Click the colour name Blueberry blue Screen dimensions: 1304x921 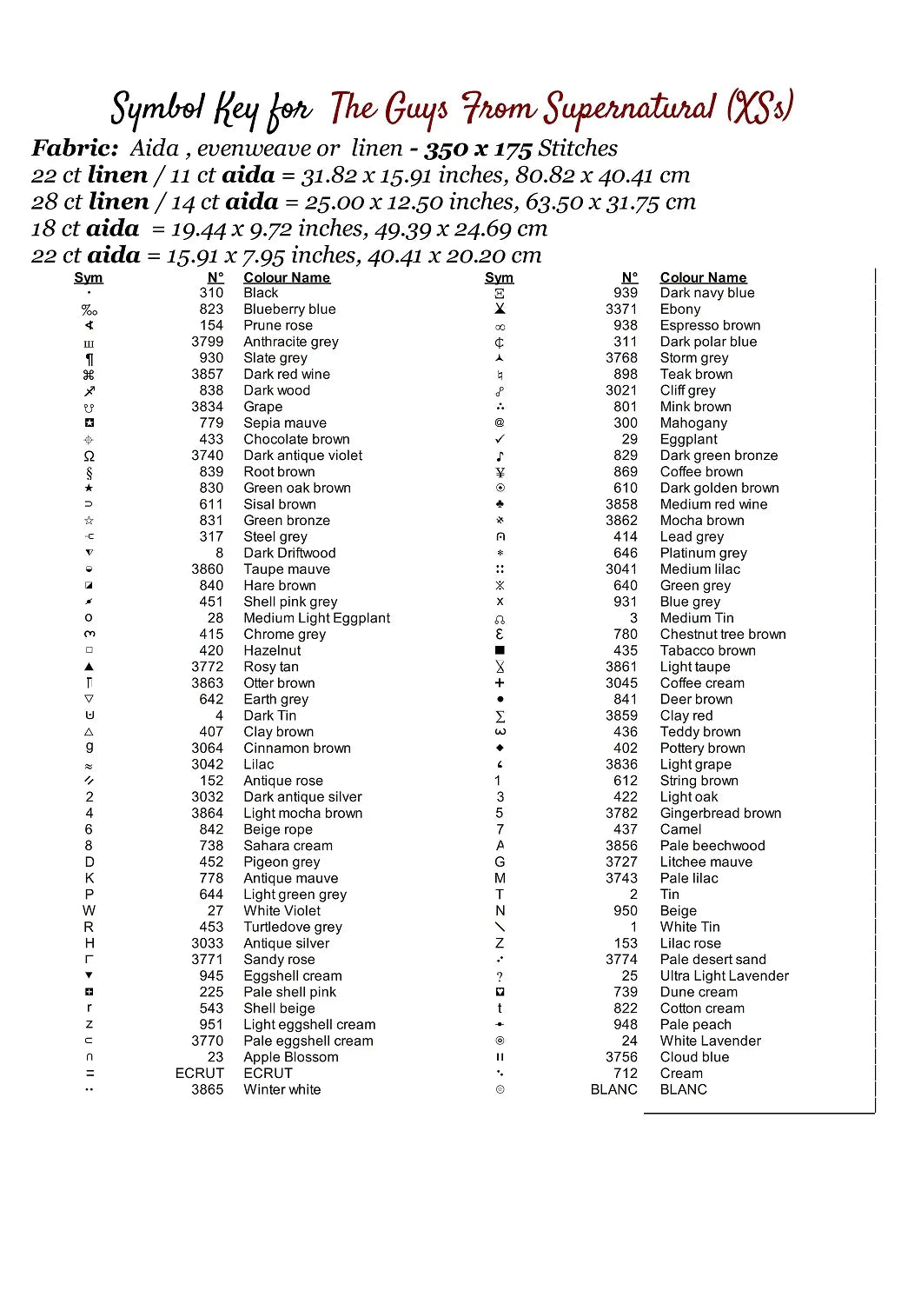pyautogui.click(x=289, y=309)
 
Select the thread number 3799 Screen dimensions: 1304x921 pyautogui.click(x=207, y=342)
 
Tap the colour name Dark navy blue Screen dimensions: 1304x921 pyautogui.click(x=707, y=293)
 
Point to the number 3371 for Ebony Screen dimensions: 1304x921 pyautogui.click(x=621, y=309)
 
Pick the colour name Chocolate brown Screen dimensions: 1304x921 pyautogui.click(x=296, y=439)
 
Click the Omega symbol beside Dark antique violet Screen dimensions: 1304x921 pyautogui.click(x=89, y=456)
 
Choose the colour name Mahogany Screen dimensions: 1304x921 pyautogui.click(x=693, y=422)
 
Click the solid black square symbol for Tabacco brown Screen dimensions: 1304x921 pyautogui.click(x=500, y=650)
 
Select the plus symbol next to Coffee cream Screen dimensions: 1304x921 pyautogui.click(x=500, y=683)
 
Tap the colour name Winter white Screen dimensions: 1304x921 pyautogui.click(x=282, y=1089)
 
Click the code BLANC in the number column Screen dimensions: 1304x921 pyautogui.click(x=613, y=1089)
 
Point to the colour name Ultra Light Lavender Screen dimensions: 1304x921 pyautogui.click(x=725, y=975)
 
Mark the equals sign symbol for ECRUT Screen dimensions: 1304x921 pyautogui.click(x=89, y=1074)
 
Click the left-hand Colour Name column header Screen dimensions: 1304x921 pyautogui.click(x=287, y=277)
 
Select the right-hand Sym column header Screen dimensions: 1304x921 pyautogui.click(x=499, y=277)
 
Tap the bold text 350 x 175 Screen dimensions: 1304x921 pyautogui.click(x=477, y=149)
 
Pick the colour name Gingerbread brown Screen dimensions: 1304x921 pyautogui.click(x=720, y=813)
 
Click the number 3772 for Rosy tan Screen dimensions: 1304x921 pyautogui.click(x=207, y=667)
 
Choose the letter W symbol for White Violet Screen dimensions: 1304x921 pyautogui.click(x=89, y=910)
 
